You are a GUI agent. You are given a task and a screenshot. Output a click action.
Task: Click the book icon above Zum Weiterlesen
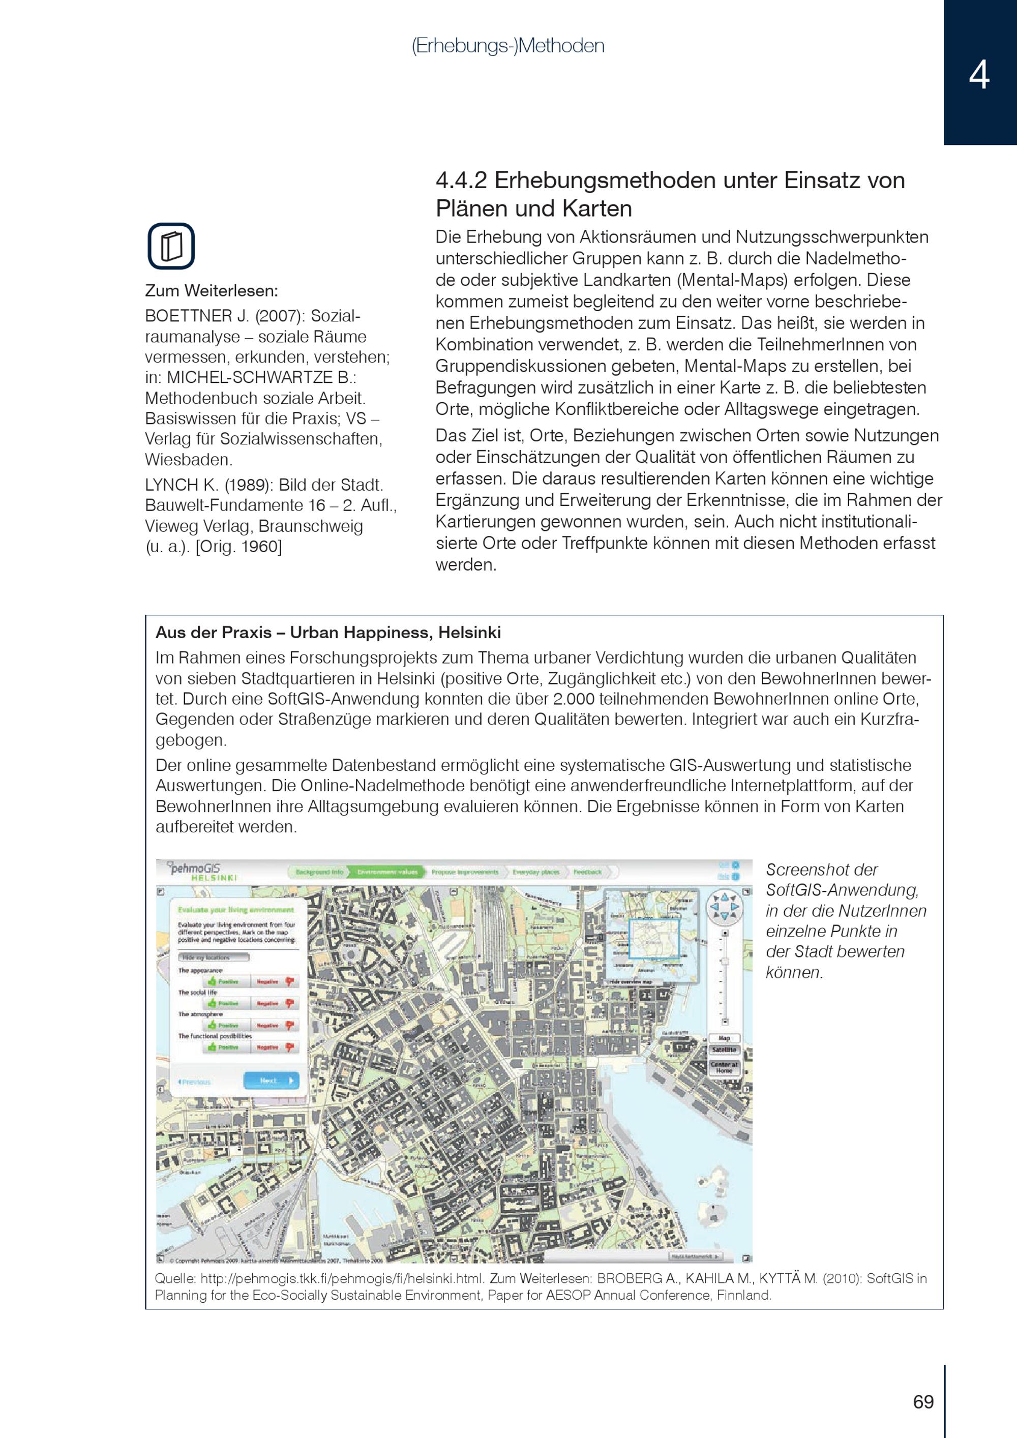tap(171, 246)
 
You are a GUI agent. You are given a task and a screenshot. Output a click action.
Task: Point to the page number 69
tap(923, 1401)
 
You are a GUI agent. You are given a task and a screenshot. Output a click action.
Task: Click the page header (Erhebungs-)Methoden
tap(508, 46)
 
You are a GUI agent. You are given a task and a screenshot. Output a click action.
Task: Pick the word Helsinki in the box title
tap(469, 633)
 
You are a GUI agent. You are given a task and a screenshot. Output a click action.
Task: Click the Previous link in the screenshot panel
tap(195, 1082)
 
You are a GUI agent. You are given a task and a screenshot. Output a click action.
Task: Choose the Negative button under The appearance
tap(275, 981)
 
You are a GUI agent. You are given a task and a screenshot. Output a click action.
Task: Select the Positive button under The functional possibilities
tap(224, 1047)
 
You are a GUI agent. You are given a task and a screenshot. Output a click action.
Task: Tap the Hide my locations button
tap(214, 957)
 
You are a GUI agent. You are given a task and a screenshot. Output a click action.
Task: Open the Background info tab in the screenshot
tap(319, 872)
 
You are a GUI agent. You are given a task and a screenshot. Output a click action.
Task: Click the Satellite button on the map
tap(724, 1050)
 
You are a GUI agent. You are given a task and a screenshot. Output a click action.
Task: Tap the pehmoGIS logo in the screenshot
tap(195, 871)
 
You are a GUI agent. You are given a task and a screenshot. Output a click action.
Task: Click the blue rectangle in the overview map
tap(654, 938)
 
